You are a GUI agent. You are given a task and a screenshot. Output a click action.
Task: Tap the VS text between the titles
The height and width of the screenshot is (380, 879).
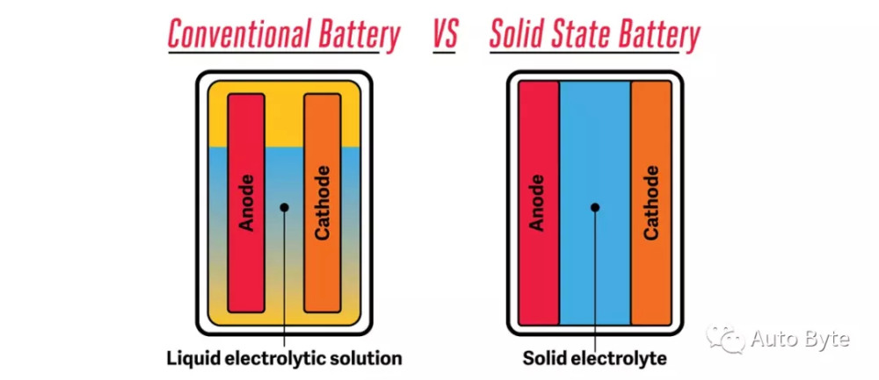click(x=445, y=34)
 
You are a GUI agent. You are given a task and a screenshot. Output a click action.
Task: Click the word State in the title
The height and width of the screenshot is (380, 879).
click(x=578, y=34)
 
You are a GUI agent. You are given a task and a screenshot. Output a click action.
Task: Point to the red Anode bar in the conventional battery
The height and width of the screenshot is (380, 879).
click(x=246, y=203)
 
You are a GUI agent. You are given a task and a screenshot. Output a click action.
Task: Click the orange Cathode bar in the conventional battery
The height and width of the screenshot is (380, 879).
click(x=323, y=203)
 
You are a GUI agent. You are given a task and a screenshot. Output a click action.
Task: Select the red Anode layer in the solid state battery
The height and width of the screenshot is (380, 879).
click(x=539, y=203)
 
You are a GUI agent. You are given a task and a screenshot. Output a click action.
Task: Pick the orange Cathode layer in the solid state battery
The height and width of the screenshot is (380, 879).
click(x=651, y=203)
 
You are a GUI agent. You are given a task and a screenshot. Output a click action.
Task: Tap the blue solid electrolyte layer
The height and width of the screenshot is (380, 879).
click(x=595, y=203)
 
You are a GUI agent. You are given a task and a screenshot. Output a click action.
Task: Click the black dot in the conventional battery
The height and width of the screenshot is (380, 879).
click(x=284, y=208)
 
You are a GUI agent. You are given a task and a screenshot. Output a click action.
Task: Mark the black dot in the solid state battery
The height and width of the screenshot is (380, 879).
click(x=595, y=208)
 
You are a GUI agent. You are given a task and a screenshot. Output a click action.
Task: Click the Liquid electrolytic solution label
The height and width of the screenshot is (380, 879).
click(x=285, y=358)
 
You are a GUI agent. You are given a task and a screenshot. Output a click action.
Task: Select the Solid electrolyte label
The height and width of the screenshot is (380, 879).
click(x=595, y=358)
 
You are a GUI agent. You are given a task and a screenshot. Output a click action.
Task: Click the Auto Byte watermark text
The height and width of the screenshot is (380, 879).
click(x=801, y=339)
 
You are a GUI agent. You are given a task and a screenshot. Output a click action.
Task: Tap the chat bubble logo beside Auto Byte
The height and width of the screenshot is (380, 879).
click(x=725, y=339)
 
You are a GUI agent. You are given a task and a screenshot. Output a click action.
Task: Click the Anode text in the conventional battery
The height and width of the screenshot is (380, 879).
click(x=247, y=203)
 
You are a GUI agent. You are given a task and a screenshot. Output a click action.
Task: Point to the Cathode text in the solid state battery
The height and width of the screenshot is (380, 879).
click(x=651, y=203)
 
